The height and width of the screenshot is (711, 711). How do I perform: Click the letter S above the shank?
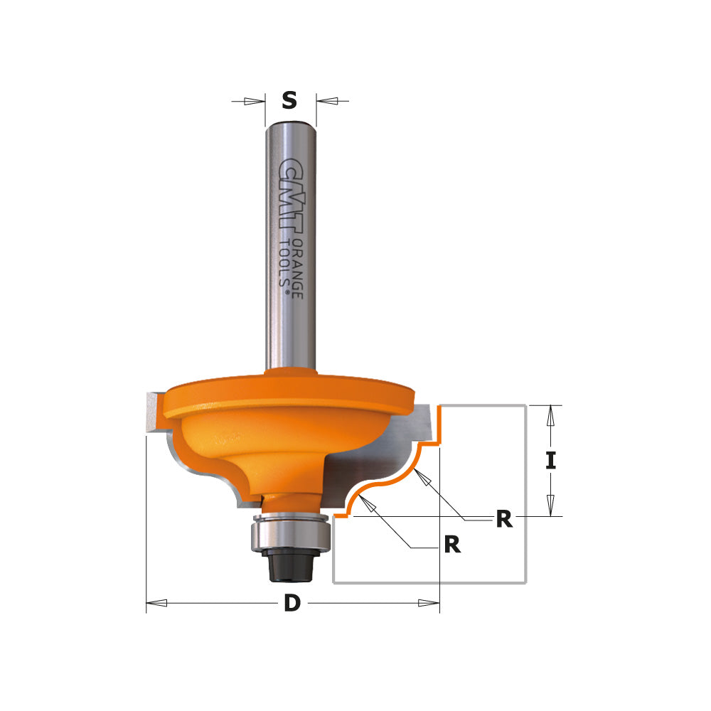(x=289, y=101)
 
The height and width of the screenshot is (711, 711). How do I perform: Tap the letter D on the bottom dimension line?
(x=292, y=604)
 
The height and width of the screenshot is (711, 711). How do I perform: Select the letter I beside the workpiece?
(x=550, y=461)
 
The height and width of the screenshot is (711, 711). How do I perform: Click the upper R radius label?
(x=503, y=520)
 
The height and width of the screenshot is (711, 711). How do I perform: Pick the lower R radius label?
(x=451, y=545)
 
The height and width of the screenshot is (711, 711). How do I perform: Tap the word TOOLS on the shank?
(x=284, y=264)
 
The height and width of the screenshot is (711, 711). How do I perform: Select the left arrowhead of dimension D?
(x=156, y=603)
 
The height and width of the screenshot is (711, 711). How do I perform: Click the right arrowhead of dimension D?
(x=429, y=603)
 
